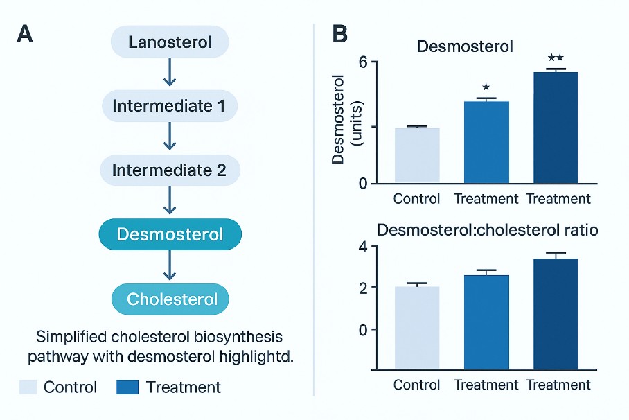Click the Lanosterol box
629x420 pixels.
pyautogui.click(x=170, y=42)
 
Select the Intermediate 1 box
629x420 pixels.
pyautogui.click(x=170, y=106)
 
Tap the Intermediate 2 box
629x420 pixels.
pyautogui.click(x=170, y=170)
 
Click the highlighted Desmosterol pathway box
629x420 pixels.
pyautogui.click(x=170, y=234)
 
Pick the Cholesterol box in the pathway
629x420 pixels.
pyautogui.click(x=170, y=299)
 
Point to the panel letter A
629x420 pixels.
pyautogui.click(x=24, y=35)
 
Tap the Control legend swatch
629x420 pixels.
pyautogui.click(x=28, y=387)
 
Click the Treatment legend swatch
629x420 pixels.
pyautogui.click(x=129, y=387)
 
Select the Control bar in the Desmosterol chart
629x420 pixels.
pyautogui.click(x=417, y=156)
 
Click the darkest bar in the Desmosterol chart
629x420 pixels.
pyautogui.click(x=556, y=128)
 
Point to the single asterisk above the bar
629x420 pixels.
pyautogui.click(x=486, y=87)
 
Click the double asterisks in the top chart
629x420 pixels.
pyautogui.click(x=556, y=58)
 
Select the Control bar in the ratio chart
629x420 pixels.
pyautogui.click(x=417, y=327)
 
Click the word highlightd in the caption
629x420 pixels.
pyautogui.click(x=254, y=358)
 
